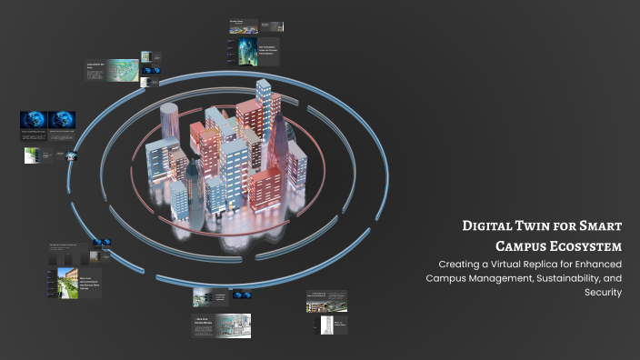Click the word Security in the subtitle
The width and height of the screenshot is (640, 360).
coord(604,293)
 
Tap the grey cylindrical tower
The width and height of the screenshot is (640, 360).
coord(170,136)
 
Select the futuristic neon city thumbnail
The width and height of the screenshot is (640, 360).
coord(248,49)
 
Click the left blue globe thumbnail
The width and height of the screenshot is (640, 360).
coord(35,120)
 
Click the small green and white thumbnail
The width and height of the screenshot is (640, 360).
coord(32,155)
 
